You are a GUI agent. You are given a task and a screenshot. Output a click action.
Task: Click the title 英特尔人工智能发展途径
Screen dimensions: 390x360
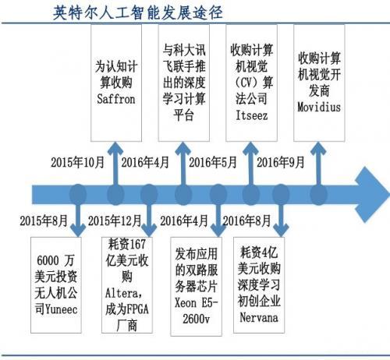tap(138, 12)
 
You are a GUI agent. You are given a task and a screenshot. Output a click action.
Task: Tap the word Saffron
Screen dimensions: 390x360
tap(116, 99)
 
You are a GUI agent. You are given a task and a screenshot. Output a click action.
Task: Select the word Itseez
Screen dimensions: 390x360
tap(251, 115)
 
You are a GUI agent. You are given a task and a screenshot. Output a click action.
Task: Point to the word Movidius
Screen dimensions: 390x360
tap(319, 107)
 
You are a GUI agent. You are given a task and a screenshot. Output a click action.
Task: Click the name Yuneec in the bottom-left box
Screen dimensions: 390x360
tap(62, 309)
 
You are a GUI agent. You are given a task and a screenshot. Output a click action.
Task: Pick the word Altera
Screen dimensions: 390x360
tap(122, 293)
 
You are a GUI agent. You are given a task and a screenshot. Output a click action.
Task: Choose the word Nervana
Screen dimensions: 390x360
tap(259, 317)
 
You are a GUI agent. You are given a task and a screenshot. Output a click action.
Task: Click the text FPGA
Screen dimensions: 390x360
tap(137, 309)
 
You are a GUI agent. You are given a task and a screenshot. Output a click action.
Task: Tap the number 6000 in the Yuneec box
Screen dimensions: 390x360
tap(48, 260)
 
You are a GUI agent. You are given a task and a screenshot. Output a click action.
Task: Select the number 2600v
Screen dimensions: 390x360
tap(196, 319)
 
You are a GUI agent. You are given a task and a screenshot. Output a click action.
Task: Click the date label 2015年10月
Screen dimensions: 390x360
tap(77, 162)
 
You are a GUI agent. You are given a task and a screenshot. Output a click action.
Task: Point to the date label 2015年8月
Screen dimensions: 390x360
tap(44, 221)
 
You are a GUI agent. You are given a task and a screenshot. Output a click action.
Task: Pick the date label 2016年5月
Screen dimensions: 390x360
tap(213, 162)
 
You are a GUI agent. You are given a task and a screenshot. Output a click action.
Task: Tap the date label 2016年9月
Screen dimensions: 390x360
tap(281, 162)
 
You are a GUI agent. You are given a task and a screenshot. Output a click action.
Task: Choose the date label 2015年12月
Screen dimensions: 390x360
tap(115, 221)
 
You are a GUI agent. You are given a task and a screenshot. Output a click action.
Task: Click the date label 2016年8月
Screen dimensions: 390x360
tap(246, 221)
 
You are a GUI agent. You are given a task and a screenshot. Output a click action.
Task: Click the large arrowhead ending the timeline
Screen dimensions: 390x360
tap(373, 195)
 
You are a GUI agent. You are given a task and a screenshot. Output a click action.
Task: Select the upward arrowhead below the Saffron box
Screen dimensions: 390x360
tap(115, 148)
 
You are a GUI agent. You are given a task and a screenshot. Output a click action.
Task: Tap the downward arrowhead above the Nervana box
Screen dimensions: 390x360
tap(281, 230)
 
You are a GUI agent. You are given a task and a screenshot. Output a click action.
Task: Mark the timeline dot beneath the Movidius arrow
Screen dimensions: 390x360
tap(319, 195)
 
